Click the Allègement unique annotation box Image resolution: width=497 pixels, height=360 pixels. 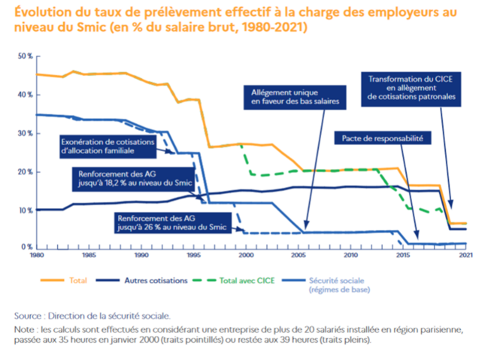pyautogui.click(x=295, y=95)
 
